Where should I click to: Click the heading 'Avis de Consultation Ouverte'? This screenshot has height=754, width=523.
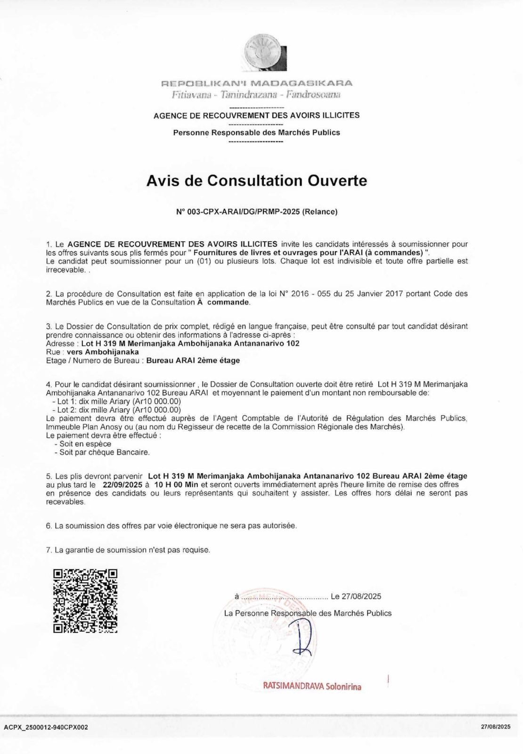click(x=257, y=180)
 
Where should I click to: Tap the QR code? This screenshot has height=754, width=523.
click(x=85, y=601)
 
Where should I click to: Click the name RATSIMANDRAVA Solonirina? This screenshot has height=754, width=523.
click(x=312, y=687)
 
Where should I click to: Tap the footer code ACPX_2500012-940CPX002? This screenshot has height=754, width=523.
click(x=46, y=727)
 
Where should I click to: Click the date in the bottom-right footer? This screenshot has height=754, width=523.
click(x=496, y=727)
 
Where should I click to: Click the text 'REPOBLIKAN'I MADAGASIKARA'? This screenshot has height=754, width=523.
click(x=257, y=84)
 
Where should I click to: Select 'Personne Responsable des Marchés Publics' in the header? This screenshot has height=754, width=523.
click(x=257, y=132)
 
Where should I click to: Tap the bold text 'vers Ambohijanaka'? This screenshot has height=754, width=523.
click(x=103, y=352)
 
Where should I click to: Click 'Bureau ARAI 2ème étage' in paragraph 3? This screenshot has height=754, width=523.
click(x=193, y=361)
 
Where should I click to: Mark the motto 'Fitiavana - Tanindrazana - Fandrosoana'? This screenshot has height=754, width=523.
click(x=257, y=95)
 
